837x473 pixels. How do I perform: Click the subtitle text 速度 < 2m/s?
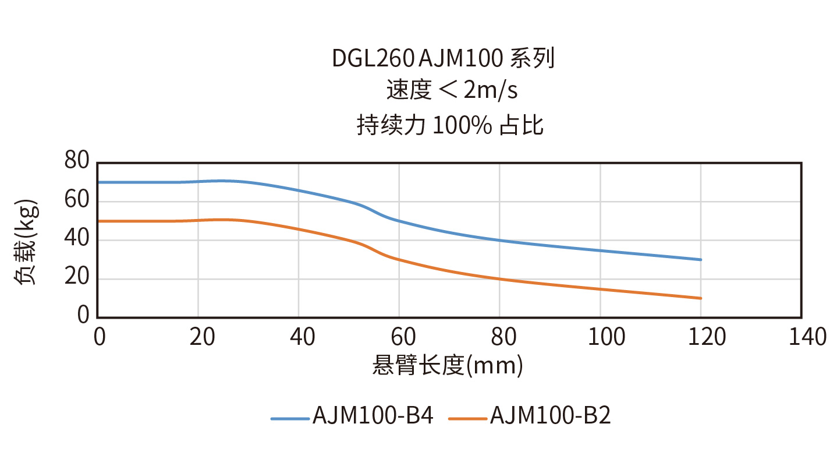tap(452, 90)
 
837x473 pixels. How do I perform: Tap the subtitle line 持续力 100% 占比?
tap(450, 125)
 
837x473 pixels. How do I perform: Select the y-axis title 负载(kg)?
tap(26, 242)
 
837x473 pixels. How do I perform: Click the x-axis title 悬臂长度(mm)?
tap(448, 366)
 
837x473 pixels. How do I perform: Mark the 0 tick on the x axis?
tap(99, 337)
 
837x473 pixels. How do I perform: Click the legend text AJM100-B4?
tap(373, 416)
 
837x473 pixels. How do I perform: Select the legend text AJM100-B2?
tap(551, 416)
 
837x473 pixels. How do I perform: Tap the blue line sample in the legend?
tap(290, 418)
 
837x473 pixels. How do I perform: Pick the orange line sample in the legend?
tap(467, 418)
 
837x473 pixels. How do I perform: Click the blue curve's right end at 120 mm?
tap(701, 260)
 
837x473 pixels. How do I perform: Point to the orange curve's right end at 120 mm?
tap(701, 298)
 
